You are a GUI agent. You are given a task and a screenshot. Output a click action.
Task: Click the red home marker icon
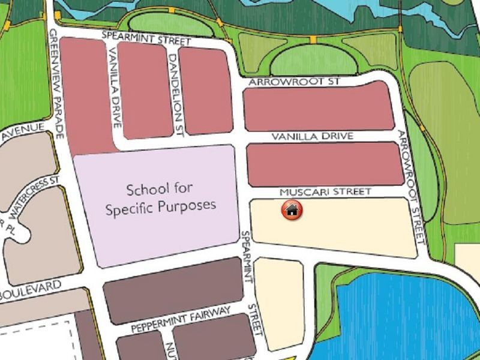click(292, 210)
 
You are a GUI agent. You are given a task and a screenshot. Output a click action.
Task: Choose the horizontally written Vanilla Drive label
click(312, 137)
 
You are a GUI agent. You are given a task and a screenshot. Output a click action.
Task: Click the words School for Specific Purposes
click(160, 199)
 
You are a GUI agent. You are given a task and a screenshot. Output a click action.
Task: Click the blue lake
click(396, 318)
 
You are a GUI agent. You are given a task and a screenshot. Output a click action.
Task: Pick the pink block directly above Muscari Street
click(324, 164)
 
